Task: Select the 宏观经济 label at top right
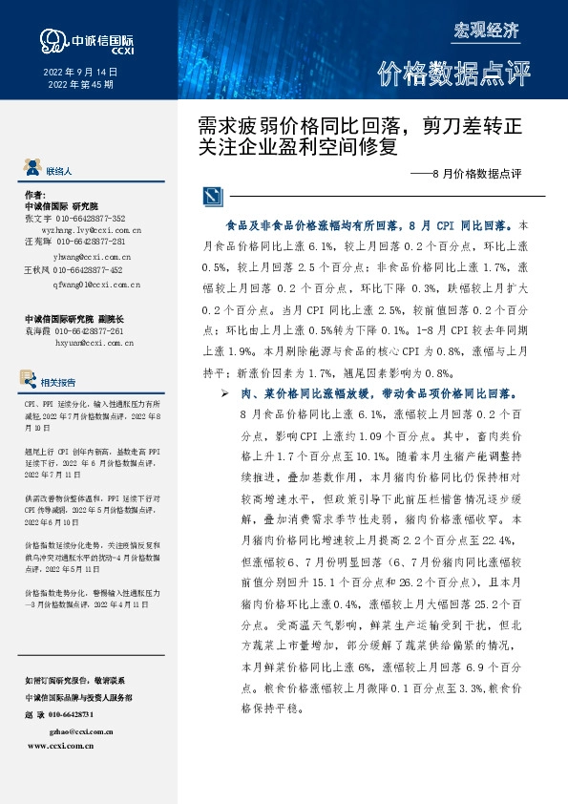coord(486,30)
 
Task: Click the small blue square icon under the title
coord(210,197)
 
